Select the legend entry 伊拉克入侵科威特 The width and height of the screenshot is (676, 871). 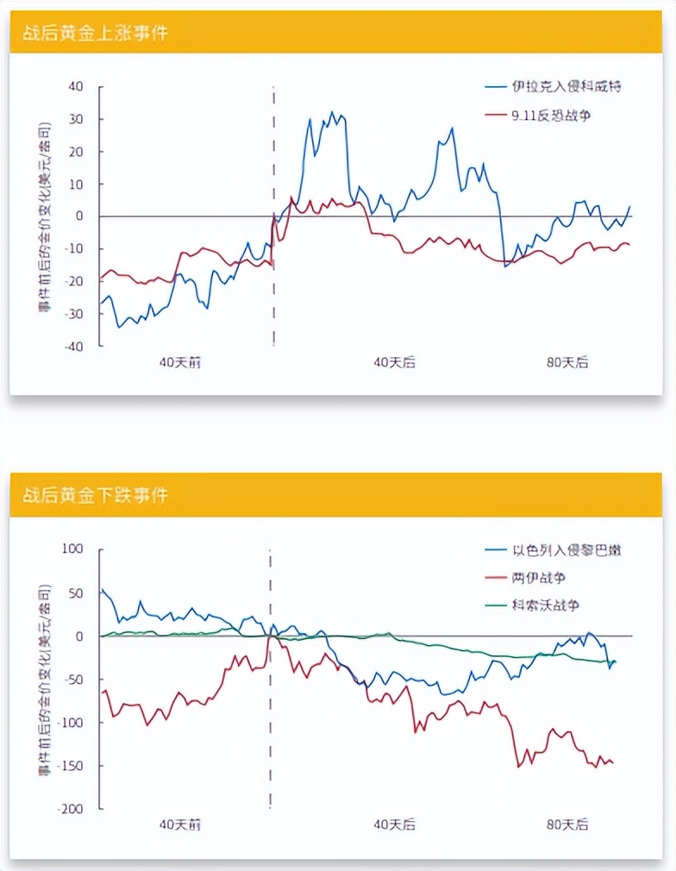pos(566,86)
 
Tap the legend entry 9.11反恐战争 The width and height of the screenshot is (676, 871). pos(551,115)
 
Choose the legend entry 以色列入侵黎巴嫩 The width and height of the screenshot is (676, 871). pos(566,549)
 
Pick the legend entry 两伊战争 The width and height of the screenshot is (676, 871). pos(539,577)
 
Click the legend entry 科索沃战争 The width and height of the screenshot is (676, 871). pos(545,605)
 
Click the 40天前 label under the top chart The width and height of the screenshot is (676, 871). pos(180,362)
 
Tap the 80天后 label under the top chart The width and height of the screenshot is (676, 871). pos(567,362)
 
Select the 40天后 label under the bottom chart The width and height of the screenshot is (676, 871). pos(395,825)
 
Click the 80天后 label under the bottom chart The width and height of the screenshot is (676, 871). pos(567,825)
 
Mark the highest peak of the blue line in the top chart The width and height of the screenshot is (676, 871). pos(333,112)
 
